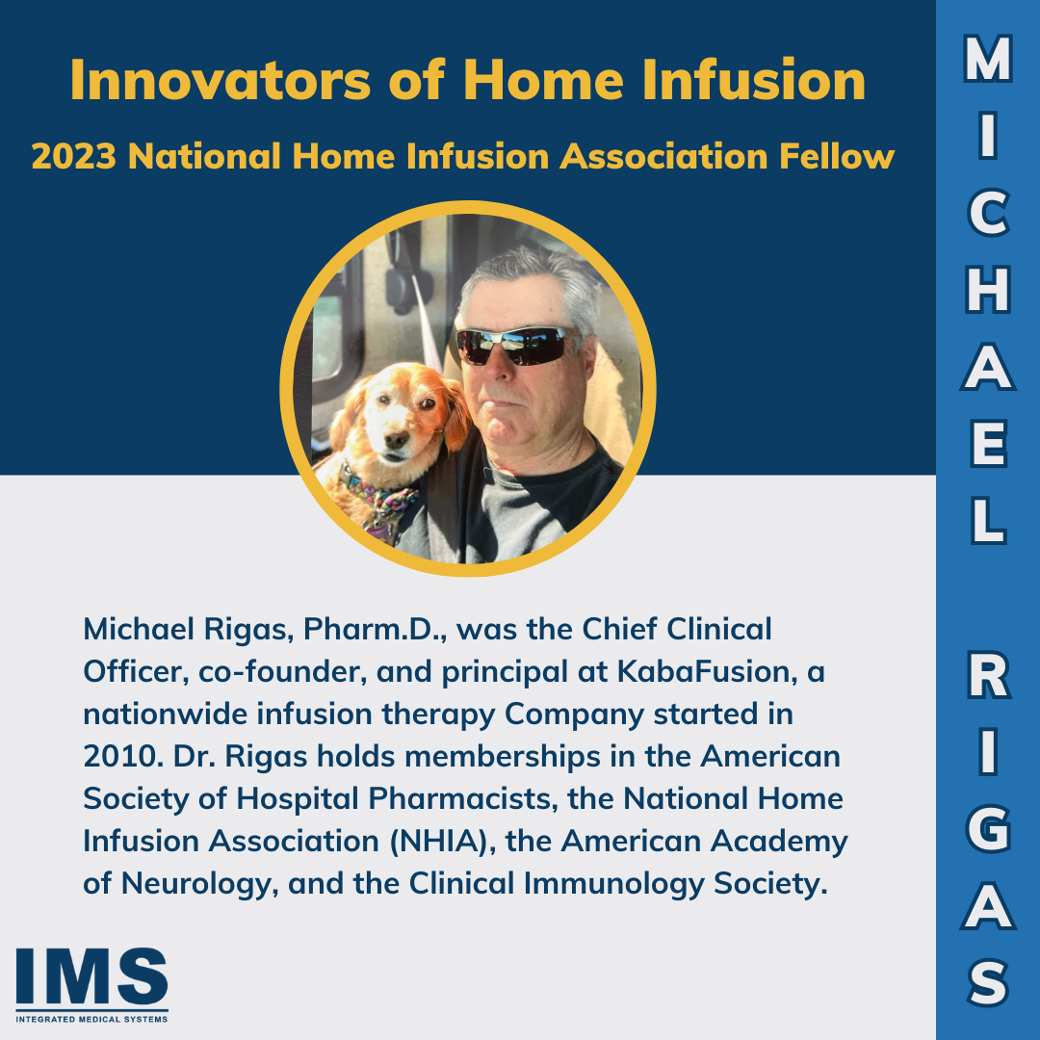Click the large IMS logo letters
(91, 976)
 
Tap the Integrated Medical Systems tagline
(91, 1019)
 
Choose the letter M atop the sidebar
(988, 63)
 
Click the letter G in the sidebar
(988, 829)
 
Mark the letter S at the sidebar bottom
(988, 983)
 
